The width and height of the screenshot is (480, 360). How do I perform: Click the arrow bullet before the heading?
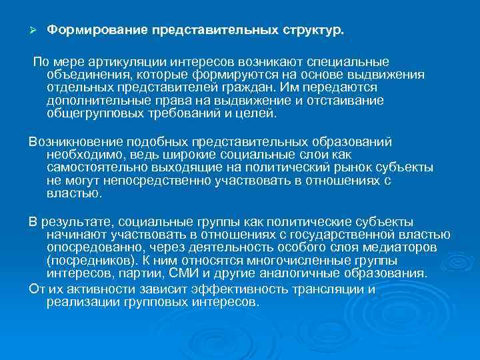point(32,31)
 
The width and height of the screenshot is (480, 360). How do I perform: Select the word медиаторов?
point(401,248)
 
